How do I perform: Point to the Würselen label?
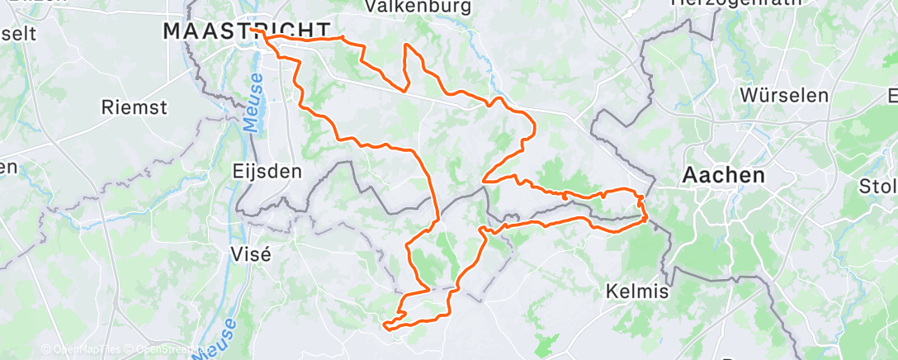pos(784,95)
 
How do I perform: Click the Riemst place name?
pos(134,107)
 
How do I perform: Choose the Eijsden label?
pos(267,173)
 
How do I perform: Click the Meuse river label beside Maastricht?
pos(256,101)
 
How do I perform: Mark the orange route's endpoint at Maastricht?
pos(266,36)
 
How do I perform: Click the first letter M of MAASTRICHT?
pos(172,31)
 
